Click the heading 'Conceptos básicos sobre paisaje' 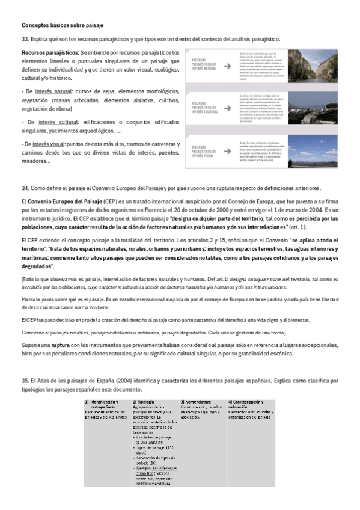[63, 25]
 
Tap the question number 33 [25, 39]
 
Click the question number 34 [25, 187]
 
